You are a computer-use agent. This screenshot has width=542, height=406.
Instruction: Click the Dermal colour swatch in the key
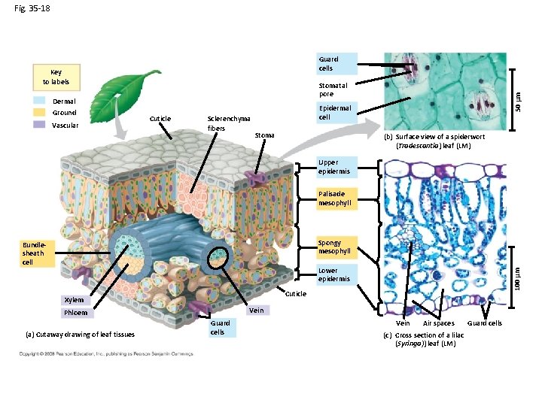click(x=40, y=101)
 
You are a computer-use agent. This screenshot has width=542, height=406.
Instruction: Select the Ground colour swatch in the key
click(x=40, y=113)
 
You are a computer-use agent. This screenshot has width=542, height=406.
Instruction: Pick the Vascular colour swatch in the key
click(x=40, y=125)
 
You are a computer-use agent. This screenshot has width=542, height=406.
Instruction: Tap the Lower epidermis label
click(x=334, y=274)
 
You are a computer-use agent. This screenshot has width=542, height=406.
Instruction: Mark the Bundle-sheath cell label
click(x=34, y=253)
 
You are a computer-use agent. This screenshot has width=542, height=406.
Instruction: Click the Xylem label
click(x=74, y=300)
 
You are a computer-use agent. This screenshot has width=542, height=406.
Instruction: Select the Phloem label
click(x=75, y=313)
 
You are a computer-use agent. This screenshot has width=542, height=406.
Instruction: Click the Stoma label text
click(x=264, y=135)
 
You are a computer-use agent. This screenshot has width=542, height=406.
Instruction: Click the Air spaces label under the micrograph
click(x=438, y=323)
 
